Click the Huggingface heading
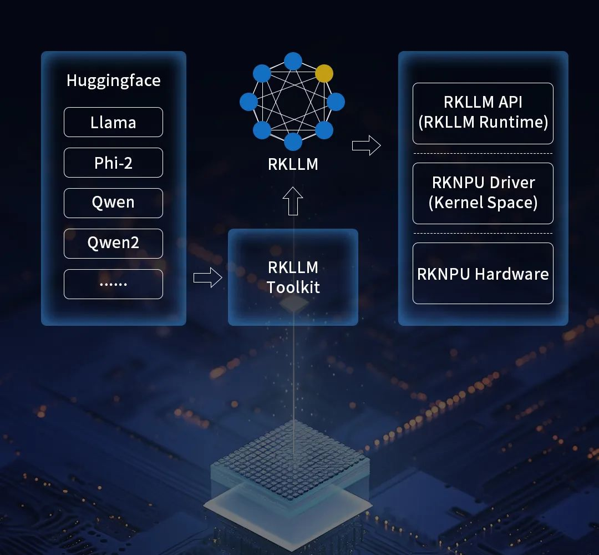(113, 80)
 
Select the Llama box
(113, 122)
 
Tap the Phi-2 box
(113, 163)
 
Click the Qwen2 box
(113, 243)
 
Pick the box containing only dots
(113, 284)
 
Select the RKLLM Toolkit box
(293, 277)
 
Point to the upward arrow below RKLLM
(293, 201)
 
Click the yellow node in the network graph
(324, 73)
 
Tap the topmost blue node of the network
(293, 61)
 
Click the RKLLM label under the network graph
(293, 164)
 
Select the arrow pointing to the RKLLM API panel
(366, 146)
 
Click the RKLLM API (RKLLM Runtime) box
(483, 113)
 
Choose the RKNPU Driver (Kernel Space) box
(483, 193)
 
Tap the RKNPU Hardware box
(483, 273)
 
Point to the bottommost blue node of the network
(293, 141)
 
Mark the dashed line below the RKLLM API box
(483, 153)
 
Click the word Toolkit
(293, 287)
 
